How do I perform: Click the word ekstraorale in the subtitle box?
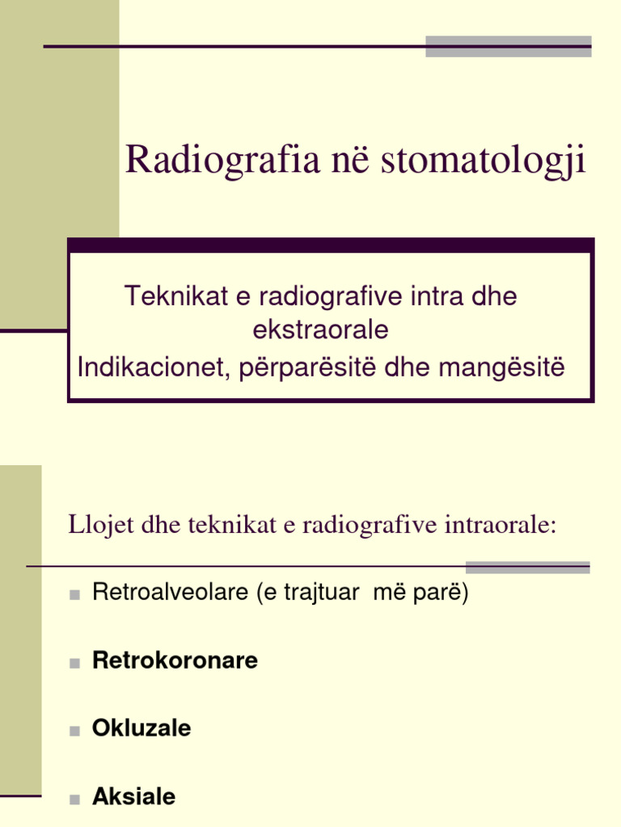(x=320, y=330)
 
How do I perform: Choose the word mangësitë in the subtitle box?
(x=502, y=367)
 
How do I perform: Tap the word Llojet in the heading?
(x=93, y=526)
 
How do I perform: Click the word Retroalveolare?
(x=171, y=593)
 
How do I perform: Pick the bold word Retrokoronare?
(x=175, y=661)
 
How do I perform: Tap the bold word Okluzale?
(x=142, y=728)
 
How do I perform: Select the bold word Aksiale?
(x=134, y=797)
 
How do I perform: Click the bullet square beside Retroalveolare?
(x=74, y=595)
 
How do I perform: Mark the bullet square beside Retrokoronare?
(x=74, y=663)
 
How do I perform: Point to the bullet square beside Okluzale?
(x=74, y=731)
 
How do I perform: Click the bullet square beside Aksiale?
(x=74, y=800)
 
